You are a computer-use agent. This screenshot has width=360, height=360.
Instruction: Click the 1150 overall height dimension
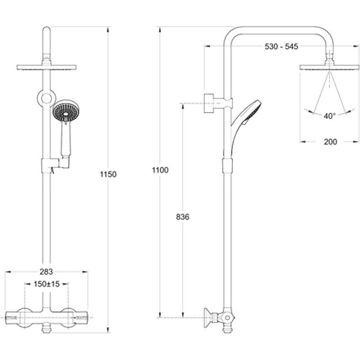pos(108,174)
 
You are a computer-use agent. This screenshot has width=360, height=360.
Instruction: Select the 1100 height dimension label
pos(160,170)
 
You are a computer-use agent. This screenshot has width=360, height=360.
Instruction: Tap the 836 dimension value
pos(183,217)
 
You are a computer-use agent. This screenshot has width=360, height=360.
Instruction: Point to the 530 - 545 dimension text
pos(282,47)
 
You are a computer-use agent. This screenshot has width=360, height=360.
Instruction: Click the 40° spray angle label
pos(330,116)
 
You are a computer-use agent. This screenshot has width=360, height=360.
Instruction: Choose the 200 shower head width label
pos(330,142)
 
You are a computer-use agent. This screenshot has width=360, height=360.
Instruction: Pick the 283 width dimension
pos(46,272)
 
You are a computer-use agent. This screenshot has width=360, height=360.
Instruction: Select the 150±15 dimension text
pos(47,284)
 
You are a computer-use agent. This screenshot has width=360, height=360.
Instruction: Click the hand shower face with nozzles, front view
pos(66,111)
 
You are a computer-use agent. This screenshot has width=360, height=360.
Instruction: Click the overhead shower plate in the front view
pos(47,68)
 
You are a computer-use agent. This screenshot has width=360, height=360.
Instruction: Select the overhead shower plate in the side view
pos(329,67)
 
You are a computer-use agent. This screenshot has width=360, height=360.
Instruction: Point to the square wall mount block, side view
pos(209,103)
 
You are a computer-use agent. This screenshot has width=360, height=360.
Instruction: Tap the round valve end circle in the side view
pos(227,318)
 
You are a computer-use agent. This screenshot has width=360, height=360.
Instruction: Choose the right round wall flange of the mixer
pos(68,318)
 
